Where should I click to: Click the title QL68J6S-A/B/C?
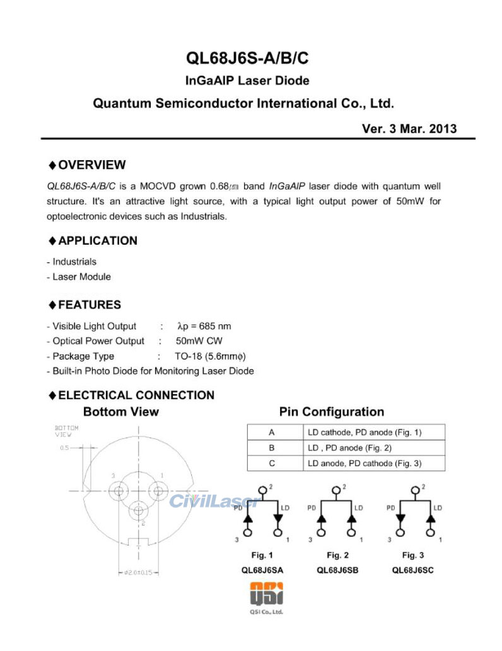(247, 59)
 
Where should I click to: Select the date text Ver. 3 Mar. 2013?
(409, 129)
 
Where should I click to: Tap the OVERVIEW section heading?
(91, 165)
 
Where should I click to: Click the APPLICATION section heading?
(97, 241)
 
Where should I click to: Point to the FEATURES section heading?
(89, 305)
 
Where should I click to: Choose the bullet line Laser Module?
(81, 277)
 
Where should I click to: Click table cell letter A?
(272, 433)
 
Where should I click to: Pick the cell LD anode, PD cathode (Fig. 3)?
(365, 464)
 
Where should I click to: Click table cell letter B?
(272, 448)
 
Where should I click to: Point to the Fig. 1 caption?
(262, 556)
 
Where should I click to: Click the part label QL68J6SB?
(337, 570)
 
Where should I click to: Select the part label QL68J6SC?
(413, 570)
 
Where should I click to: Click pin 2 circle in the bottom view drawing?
(138, 512)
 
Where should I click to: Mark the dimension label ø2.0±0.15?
(137, 573)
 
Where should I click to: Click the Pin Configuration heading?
(331, 413)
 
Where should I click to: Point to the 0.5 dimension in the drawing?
(64, 448)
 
